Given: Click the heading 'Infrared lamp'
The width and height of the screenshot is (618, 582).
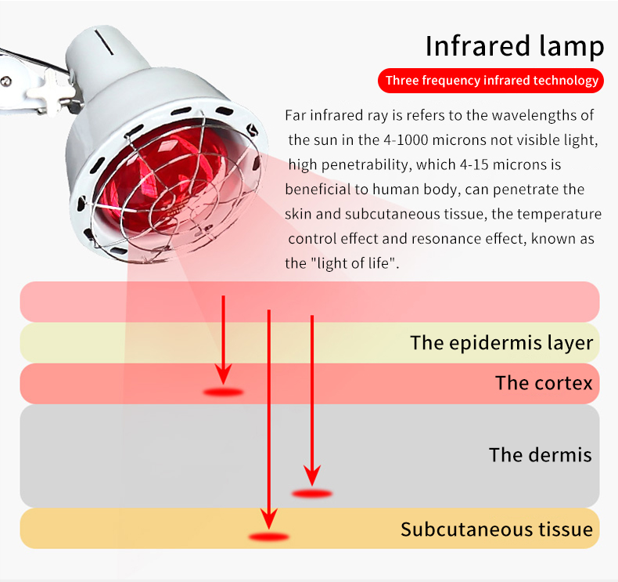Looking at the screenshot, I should click(x=515, y=46).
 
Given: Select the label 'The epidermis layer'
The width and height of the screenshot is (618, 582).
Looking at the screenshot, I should click(x=501, y=342).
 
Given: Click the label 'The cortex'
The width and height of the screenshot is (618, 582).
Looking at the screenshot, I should click(x=544, y=383).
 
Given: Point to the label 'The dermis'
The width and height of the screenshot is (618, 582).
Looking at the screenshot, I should click(x=540, y=454).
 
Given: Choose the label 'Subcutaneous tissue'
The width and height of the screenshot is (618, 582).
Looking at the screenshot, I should click(x=496, y=529).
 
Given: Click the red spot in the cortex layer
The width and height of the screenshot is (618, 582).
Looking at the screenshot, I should click(x=224, y=392).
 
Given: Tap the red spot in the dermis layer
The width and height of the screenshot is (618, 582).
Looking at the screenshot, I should click(x=312, y=493).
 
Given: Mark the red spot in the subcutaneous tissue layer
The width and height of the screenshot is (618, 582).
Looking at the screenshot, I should click(x=268, y=537).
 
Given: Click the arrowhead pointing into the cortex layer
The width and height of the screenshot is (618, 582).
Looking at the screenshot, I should click(x=224, y=368).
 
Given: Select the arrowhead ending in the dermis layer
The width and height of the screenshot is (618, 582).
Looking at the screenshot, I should click(x=312, y=473).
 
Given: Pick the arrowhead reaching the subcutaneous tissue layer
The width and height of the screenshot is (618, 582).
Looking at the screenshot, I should click(x=268, y=516).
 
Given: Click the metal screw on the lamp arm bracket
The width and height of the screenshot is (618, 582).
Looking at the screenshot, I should click(x=6, y=79).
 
